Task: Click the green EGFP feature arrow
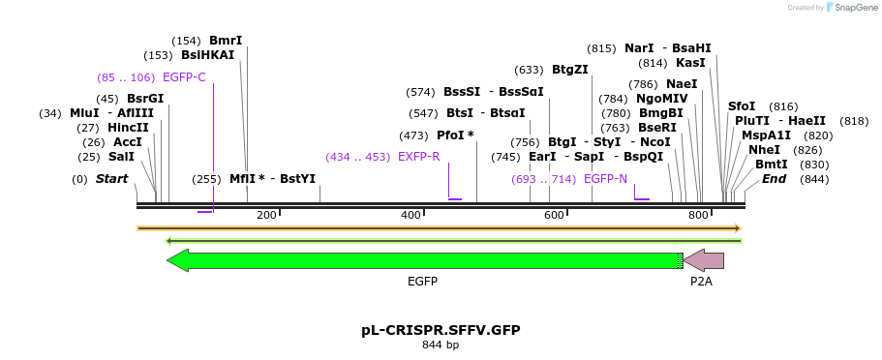point(426,260)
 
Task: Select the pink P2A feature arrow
point(705,260)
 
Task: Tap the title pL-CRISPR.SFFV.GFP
point(441,330)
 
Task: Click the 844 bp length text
point(441,345)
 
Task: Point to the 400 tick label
point(410,215)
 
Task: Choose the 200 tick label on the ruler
point(266,215)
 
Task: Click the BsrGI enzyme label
point(145,99)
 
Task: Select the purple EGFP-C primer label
point(184,77)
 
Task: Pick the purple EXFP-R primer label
point(419,157)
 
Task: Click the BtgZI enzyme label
point(570,70)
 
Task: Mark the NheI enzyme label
point(764,150)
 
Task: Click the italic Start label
point(111,179)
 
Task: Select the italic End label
point(775,179)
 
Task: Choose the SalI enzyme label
point(121,157)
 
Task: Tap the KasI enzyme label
point(690,63)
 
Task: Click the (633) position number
point(530,70)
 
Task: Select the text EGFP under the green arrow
point(422,282)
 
